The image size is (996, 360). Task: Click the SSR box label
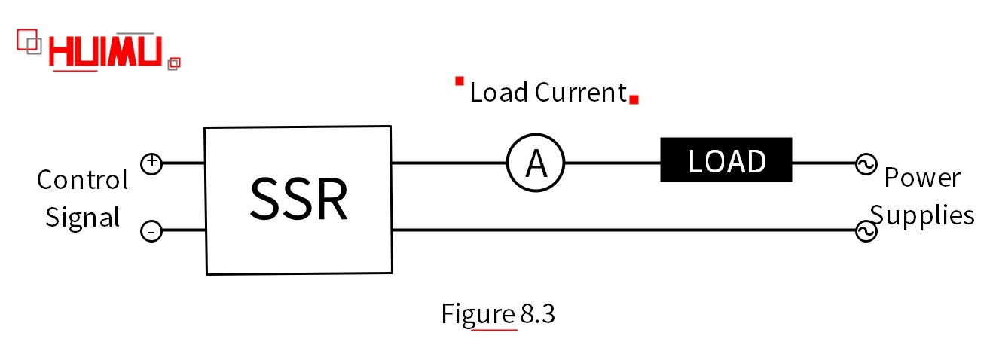point(298,200)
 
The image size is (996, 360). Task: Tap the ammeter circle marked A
point(535,163)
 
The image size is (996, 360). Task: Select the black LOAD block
point(726,160)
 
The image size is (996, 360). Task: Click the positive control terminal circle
point(151,163)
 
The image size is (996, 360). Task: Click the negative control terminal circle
point(151,232)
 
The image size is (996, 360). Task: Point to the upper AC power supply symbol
point(865,163)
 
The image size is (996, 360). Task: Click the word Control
point(82,180)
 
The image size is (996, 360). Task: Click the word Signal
point(82,218)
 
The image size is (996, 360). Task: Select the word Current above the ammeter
point(581,93)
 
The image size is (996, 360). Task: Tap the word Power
point(922,178)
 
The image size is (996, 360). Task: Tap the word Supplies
point(922,216)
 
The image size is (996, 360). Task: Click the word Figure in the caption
point(478,313)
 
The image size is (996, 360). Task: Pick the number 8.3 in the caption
point(538,313)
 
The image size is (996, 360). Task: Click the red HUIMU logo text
point(105,53)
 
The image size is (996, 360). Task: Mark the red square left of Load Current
point(459,81)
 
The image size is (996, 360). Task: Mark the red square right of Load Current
point(634,99)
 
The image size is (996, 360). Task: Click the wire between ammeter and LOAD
point(613,163)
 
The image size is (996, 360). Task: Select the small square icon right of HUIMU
point(174,63)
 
